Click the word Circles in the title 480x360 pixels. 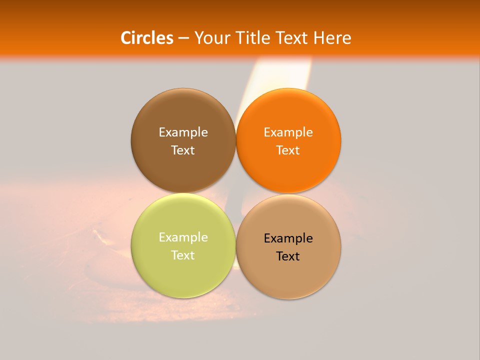(x=147, y=38)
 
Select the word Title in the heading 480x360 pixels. (x=254, y=38)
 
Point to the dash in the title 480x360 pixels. (x=183, y=38)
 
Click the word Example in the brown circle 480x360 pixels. (x=183, y=132)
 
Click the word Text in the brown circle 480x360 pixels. (x=183, y=150)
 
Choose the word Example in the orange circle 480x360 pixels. (x=288, y=132)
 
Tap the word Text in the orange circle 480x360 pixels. (x=288, y=150)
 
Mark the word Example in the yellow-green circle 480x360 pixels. (x=183, y=237)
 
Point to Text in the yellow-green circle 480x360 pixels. (x=183, y=255)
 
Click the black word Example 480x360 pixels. (x=288, y=238)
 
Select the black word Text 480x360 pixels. (x=288, y=256)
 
